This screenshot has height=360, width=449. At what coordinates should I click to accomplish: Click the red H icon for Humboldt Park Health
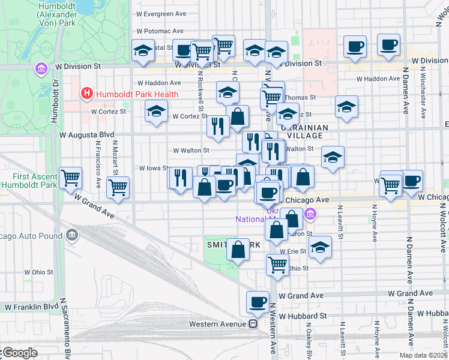point(87,94)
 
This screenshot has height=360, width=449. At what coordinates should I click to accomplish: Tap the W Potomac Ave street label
point(160,31)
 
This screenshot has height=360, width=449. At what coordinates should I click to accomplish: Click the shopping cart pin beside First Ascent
point(71,177)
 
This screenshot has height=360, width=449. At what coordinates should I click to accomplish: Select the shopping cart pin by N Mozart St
point(118,187)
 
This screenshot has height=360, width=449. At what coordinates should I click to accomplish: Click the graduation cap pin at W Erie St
point(321,248)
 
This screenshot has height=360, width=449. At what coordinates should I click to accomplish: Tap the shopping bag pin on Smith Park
point(238,251)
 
